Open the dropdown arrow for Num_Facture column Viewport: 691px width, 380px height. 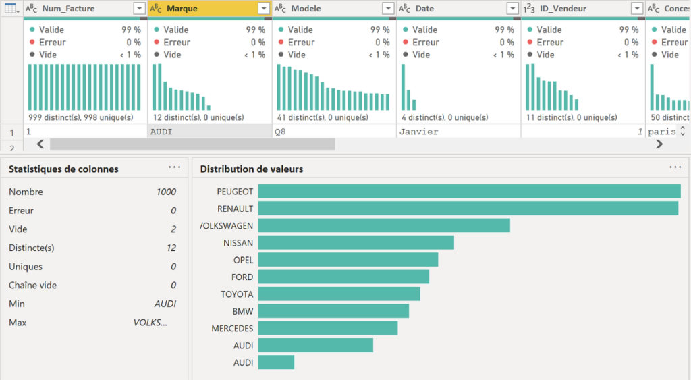(139, 8)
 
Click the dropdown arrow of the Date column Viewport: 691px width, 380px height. (513, 8)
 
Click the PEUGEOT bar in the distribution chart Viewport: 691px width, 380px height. (470, 191)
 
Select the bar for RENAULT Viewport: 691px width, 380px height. (468, 209)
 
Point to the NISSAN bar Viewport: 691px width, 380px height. (356, 242)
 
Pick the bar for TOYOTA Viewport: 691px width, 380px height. (339, 294)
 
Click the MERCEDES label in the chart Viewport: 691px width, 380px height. (232, 329)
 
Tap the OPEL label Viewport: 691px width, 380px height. (243, 260)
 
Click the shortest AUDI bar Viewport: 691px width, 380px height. (276, 362)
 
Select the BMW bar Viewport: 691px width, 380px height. (333, 311)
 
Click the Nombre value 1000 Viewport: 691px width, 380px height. (166, 192)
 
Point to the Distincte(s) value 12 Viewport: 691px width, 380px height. (171, 248)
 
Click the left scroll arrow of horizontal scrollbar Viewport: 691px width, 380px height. (40, 144)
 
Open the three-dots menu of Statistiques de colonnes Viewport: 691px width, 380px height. (175, 167)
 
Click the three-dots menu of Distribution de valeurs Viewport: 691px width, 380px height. (675, 167)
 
